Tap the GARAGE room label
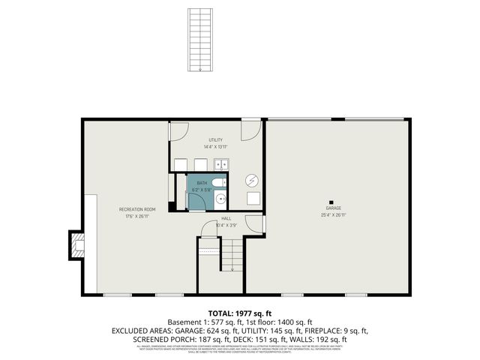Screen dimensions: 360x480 [x=334, y=208]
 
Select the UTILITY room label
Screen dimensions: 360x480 [x=216, y=140]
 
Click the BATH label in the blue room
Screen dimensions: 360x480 [x=201, y=183]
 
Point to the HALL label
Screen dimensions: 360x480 [x=226, y=218]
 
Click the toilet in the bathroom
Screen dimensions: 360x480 [x=217, y=183]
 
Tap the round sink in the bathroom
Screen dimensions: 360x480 [x=220, y=199]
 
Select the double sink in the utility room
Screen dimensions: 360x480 [x=222, y=165]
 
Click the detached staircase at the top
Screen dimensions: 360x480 [x=200, y=40]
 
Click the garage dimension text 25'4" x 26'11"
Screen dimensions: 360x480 [x=334, y=215]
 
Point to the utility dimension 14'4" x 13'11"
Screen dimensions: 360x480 [x=216, y=147]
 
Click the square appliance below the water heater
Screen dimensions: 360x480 [x=253, y=198]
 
